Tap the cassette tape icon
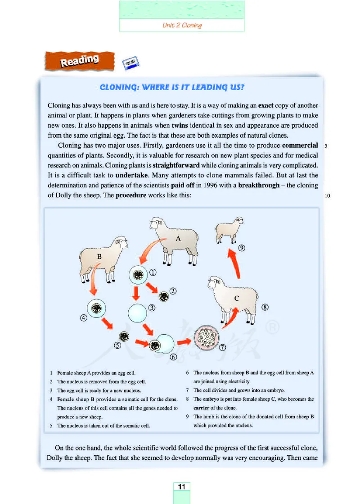(x=131, y=64)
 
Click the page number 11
(x=181, y=487)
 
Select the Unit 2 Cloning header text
(x=182, y=25)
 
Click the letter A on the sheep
(x=178, y=239)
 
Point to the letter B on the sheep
(x=100, y=256)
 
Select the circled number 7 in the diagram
(x=222, y=347)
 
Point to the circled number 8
(x=265, y=308)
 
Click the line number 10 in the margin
(x=327, y=196)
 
